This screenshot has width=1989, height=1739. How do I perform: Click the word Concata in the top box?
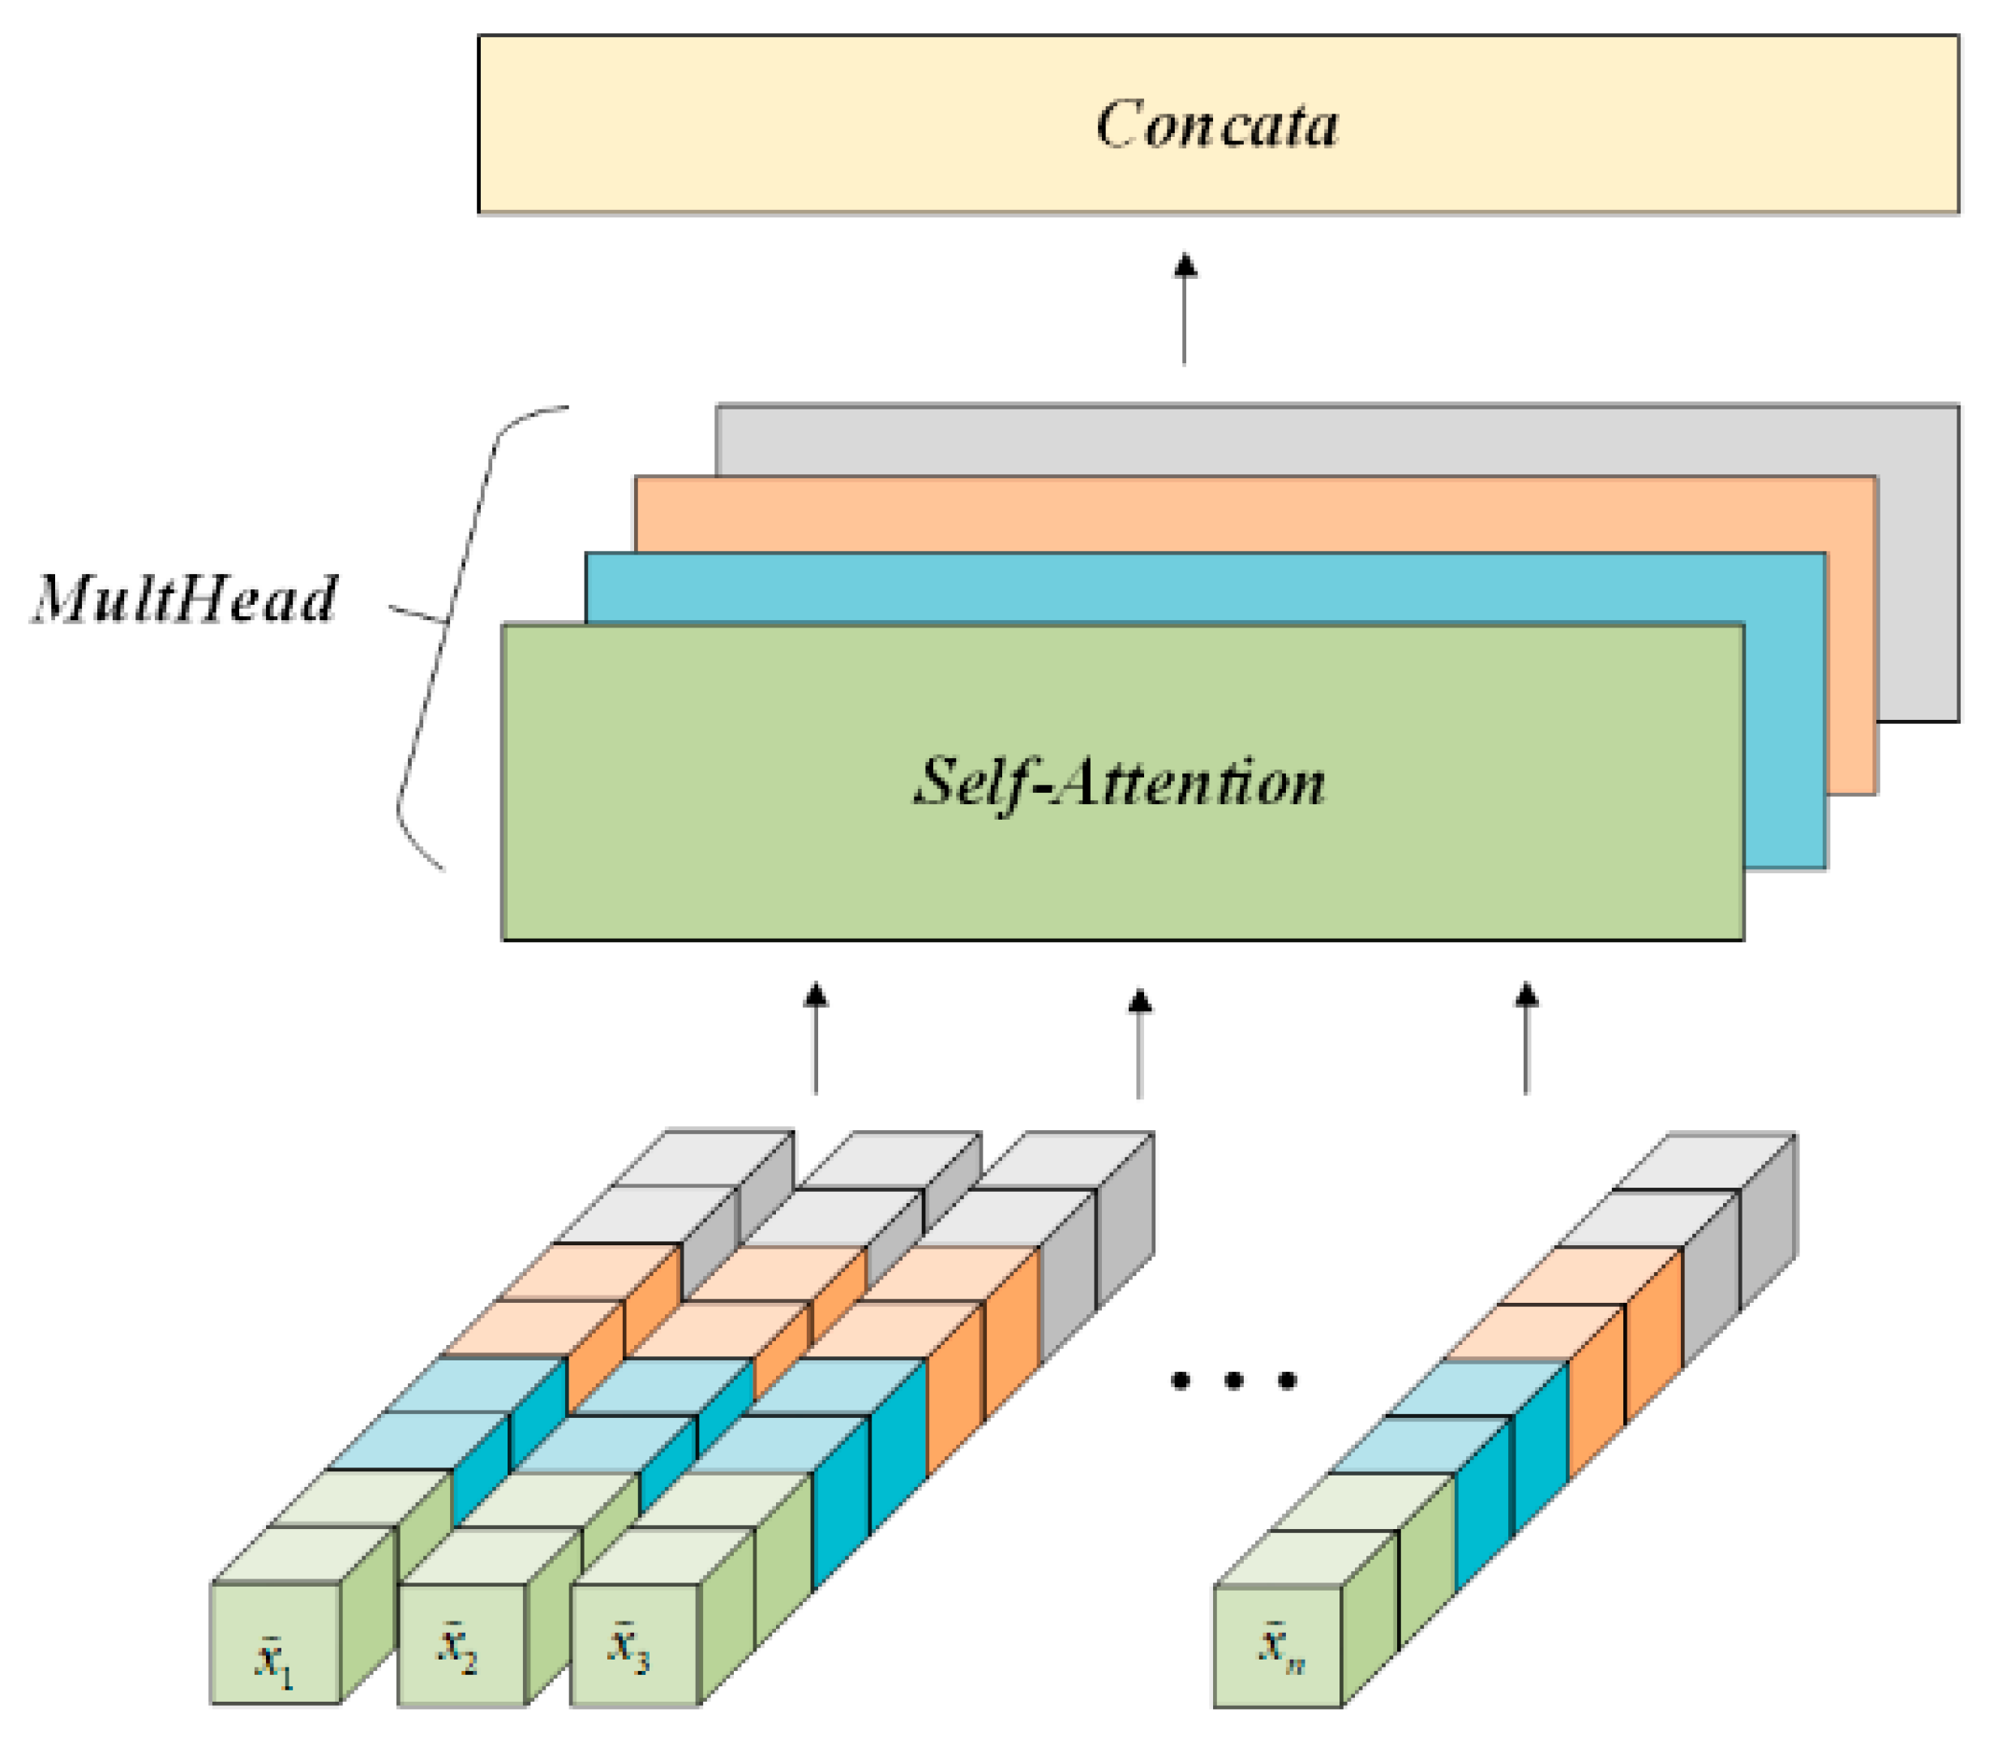point(1216,125)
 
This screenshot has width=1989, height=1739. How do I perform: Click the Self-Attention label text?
point(1119,782)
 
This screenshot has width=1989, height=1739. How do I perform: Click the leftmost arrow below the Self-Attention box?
point(816,1039)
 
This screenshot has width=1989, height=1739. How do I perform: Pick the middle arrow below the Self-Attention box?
point(1139,1043)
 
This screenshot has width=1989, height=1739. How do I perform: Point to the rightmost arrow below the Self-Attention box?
point(1526,1039)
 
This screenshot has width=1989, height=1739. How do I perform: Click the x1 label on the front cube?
point(274,1660)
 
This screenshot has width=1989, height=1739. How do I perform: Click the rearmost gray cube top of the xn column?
point(1704,1161)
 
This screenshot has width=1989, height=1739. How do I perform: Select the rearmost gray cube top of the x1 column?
point(704,1158)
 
